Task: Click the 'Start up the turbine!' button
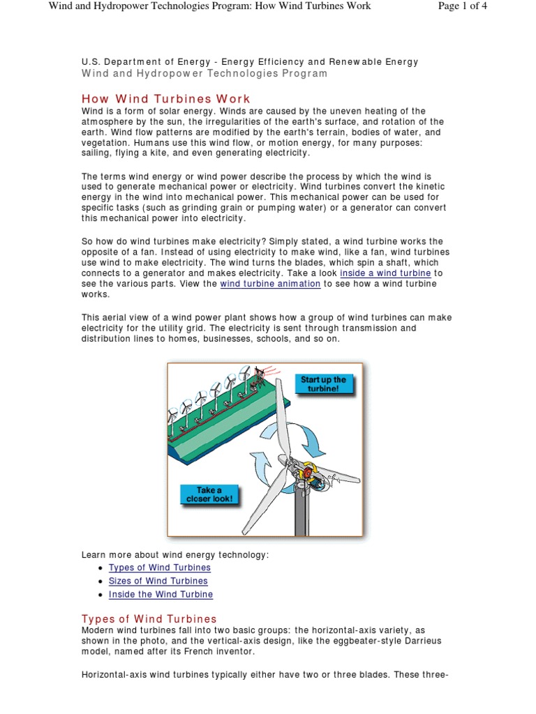pos(322,384)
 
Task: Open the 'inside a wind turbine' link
pos(385,273)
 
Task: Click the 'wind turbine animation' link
pos(270,284)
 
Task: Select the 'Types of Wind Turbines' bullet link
pos(159,568)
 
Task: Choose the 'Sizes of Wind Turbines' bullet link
pos(158,581)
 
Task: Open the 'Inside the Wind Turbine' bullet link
pos(161,594)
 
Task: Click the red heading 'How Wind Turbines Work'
pos(165,99)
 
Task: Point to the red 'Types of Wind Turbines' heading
pos(149,619)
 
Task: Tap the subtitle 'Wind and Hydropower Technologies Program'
pos(204,73)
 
